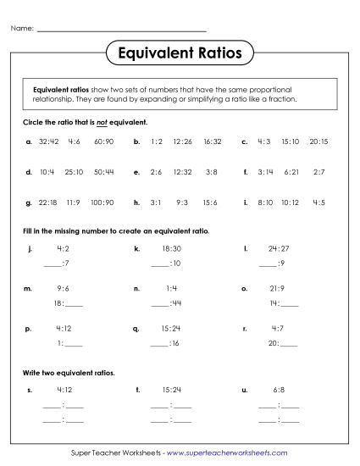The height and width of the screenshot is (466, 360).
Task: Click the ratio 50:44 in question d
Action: point(104,172)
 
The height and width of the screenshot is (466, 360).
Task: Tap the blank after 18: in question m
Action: point(74,302)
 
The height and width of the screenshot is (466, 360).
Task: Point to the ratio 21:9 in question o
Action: point(277,289)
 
